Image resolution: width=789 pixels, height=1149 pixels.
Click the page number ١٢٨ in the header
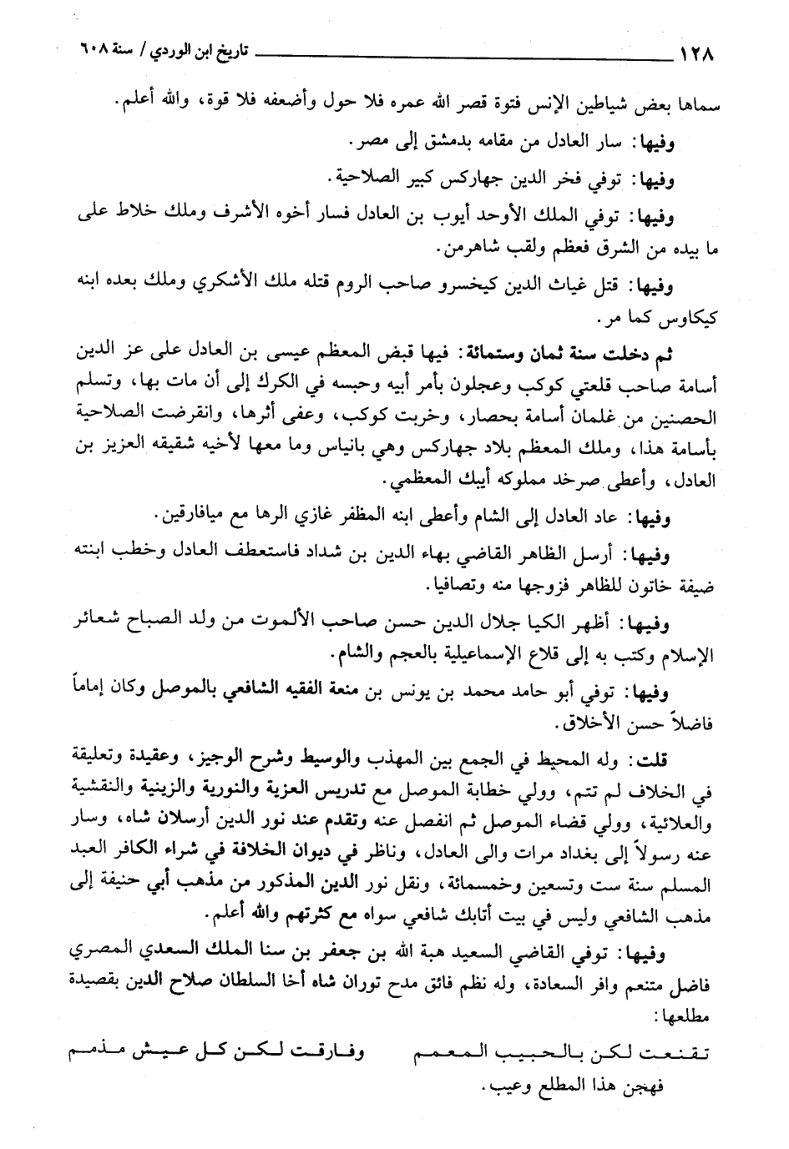click(x=699, y=58)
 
